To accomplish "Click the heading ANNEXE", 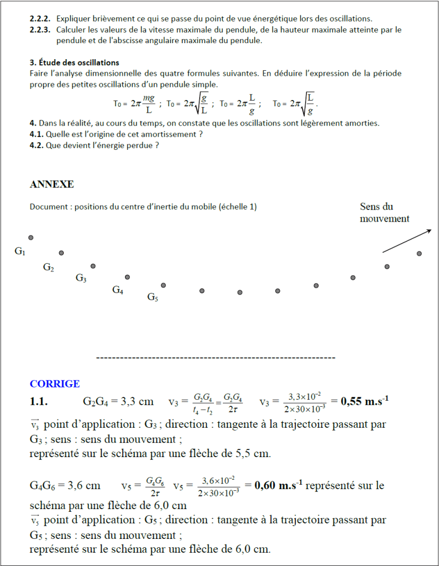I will point(51,185).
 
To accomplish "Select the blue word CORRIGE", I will point(55,384).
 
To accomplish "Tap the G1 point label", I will point(20,251).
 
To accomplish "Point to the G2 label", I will point(49,268).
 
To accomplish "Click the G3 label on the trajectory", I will point(81,278).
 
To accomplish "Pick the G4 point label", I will point(118,289).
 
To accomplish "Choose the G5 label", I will point(153,297).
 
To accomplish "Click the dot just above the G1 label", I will point(31,238).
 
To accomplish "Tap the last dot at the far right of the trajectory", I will point(419,254).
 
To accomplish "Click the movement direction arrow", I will point(407,240).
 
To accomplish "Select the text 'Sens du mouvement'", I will point(384,213).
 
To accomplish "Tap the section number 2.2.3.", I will point(40,30).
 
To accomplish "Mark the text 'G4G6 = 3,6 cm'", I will point(65,486).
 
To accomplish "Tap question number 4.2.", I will point(37,145).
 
